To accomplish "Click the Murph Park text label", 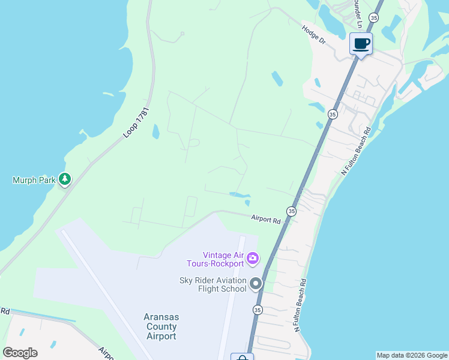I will click(x=34, y=179).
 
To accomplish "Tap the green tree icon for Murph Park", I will click(x=65, y=179).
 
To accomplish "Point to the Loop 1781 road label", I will click(x=136, y=123).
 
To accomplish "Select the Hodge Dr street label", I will click(x=313, y=35).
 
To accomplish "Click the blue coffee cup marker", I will click(x=361, y=44).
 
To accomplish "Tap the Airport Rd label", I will click(x=266, y=221).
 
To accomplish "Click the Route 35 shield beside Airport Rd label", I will click(x=291, y=211).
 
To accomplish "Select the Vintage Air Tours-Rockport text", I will click(x=223, y=259).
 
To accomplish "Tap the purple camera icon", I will click(x=253, y=259).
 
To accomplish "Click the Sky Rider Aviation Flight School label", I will click(x=213, y=284).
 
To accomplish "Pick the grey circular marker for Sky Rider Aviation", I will click(x=256, y=283).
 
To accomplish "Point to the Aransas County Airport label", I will click(x=161, y=326).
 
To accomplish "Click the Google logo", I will click(x=20, y=353).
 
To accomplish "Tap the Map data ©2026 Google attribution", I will click(x=412, y=355).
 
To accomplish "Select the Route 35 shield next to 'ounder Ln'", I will click(x=374, y=19).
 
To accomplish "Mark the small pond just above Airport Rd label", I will click(x=240, y=194).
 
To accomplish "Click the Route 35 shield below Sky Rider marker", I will click(x=258, y=310).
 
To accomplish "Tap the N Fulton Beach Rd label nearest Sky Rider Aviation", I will click(x=300, y=305).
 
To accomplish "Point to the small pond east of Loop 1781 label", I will click(x=155, y=131).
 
